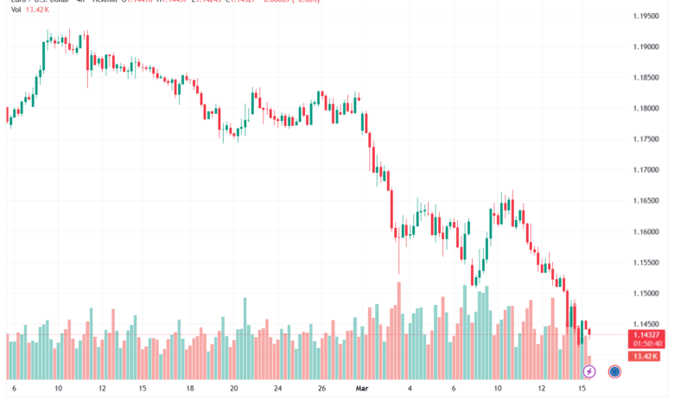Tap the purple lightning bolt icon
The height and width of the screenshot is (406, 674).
[x=589, y=371]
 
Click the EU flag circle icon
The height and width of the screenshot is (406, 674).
[x=614, y=371]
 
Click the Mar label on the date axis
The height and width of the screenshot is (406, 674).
[x=364, y=390]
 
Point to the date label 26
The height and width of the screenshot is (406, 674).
[x=321, y=390]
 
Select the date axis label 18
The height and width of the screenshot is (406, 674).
[x=188, y=390]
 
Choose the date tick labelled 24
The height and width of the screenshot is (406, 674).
[x=277, y=390]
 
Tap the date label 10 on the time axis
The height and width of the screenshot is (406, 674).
[x=498, y=390]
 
